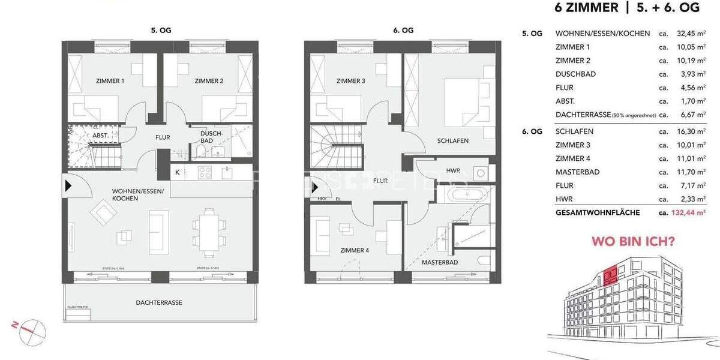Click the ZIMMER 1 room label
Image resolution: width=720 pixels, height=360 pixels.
point(110,80)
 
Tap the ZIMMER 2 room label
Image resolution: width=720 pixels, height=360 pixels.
point(209,80)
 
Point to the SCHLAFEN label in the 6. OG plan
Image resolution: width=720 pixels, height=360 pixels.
point(452,141)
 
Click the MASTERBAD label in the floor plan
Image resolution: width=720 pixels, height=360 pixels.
point(440,263)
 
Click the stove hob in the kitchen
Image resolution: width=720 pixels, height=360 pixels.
point(205,173)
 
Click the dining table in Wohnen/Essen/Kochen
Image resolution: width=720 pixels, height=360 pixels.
point(206,229)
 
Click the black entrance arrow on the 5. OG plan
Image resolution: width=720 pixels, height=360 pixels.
point(68,186)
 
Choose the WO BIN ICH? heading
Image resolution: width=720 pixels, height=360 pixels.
point(633,242)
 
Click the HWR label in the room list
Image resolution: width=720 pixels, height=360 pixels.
point(563,199)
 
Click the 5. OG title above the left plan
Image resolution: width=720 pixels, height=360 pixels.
point(161,30)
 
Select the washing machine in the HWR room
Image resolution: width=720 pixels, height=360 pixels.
point(480,173)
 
